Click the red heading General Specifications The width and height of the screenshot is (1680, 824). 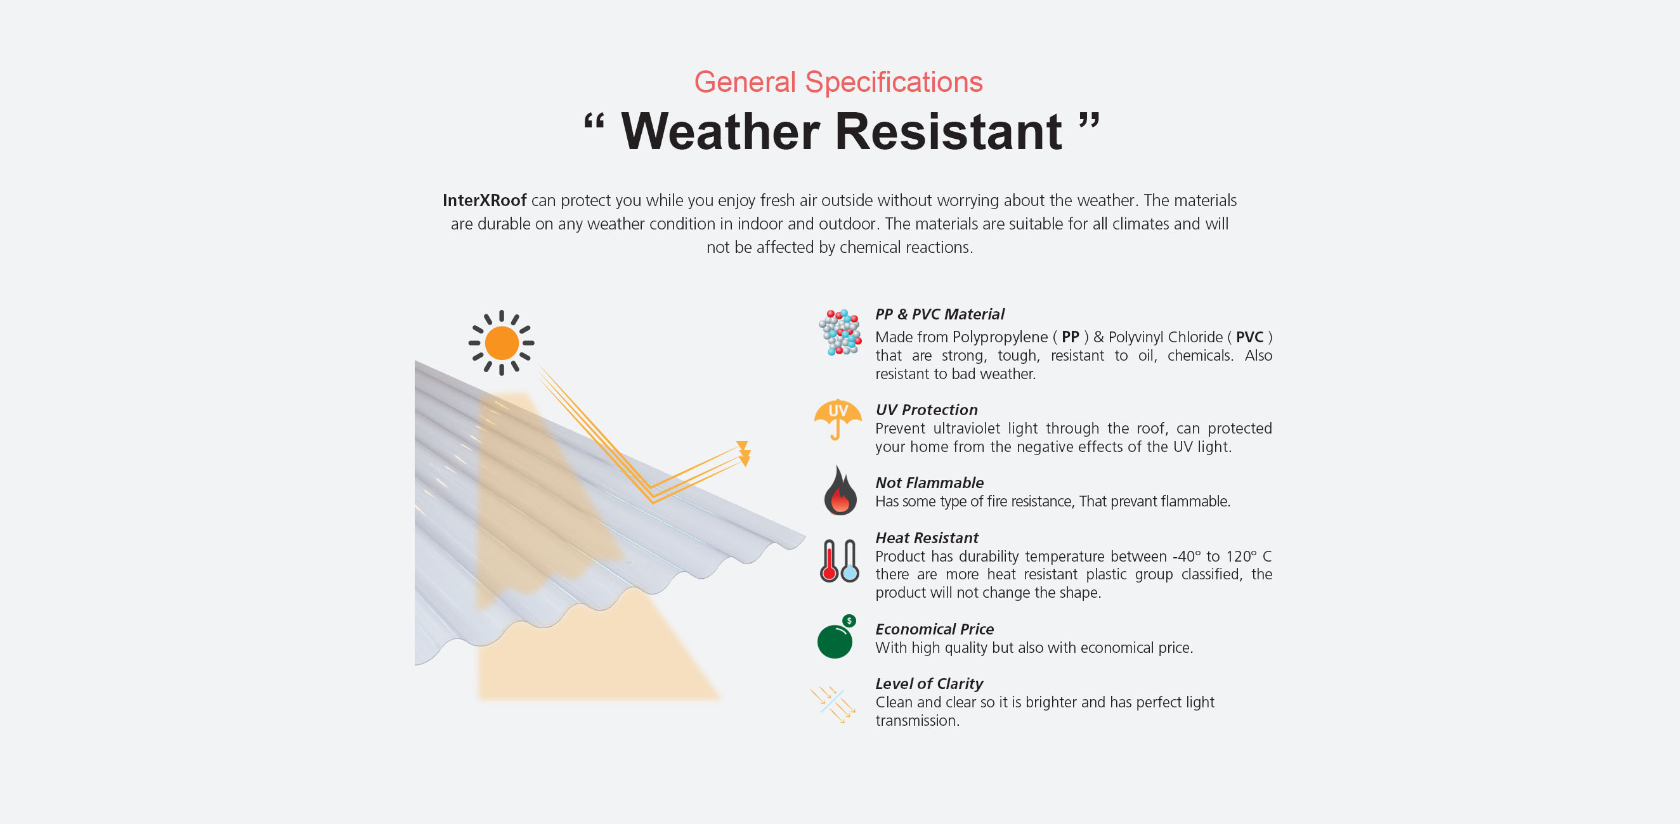click(x=838, y=83)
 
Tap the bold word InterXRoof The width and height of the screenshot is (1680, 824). click(x=484, y=200)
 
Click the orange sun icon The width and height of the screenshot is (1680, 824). click(x=502, y=343)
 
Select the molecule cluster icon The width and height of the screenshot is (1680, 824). click(x=840, y=333)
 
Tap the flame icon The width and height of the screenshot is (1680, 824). click(x=840, y=490)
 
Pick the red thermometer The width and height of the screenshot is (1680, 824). click(x=829, y=560)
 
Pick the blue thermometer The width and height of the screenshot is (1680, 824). click(x=850, y=560)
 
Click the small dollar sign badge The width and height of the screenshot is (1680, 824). click(x=849, y=621)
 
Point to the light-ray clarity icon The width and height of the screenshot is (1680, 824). click(x=833, y=704)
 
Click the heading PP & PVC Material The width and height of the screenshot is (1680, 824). click(x=939, y=314)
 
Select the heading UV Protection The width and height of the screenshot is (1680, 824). click(x=926, y=410)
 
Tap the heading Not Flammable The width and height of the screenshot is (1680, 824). click(x=929, y=483)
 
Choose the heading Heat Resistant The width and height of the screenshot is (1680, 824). click(x=927, y=538)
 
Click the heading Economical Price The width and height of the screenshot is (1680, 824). click(x=935, y=629)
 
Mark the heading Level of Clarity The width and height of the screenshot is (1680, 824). click(x=928, y=684)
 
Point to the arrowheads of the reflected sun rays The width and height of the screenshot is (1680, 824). click(x=743, y=454)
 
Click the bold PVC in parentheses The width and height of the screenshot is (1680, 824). click(x=1249, y=337)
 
